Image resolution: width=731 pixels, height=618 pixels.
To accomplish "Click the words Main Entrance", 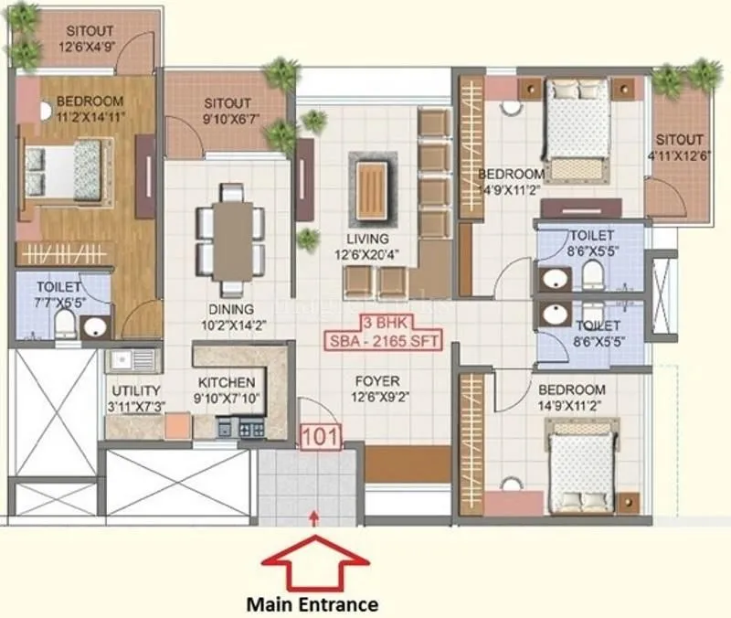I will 313,603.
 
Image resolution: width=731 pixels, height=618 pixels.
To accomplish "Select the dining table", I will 232,235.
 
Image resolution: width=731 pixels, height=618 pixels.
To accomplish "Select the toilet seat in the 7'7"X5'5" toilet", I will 65,322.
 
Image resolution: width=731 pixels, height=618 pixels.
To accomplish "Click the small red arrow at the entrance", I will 314,518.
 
